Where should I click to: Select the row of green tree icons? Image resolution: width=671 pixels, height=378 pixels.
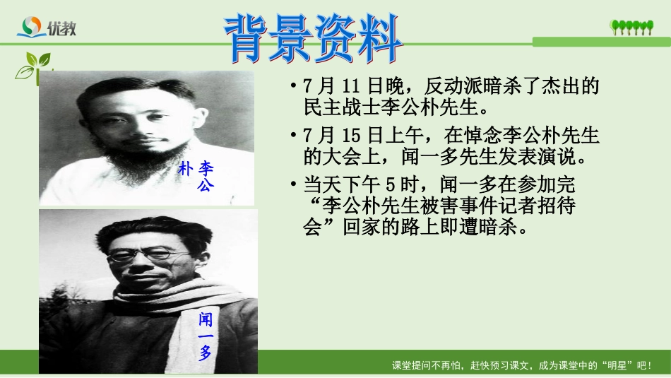tap(632, 28)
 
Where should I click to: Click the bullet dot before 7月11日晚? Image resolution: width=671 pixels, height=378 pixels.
tap(293, 88)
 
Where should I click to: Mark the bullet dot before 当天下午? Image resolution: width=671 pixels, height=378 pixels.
tap(293, 185)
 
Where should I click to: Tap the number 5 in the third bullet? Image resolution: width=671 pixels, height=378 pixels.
tap(392, 184)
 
